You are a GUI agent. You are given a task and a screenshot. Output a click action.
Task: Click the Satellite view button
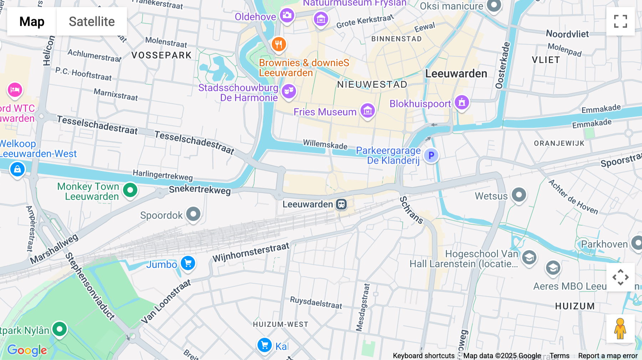[92, 21]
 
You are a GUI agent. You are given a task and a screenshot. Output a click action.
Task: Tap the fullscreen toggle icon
[620, 21]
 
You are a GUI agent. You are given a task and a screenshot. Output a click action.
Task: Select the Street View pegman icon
[620, 329]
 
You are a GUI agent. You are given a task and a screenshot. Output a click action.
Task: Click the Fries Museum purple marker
[367, 111]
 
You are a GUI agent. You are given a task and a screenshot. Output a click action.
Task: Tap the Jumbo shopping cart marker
[188, 263]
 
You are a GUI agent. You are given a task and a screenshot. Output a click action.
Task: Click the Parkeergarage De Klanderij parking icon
[431, 155]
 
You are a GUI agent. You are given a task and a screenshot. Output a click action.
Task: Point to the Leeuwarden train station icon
[341, 205]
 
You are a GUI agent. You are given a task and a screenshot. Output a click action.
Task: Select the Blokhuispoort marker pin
[462, 103]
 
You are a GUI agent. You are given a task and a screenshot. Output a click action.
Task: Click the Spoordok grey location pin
[193, 214]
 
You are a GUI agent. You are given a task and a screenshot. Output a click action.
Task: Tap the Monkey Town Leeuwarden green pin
[130, 190]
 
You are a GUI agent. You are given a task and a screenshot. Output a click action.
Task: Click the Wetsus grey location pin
[519, 195]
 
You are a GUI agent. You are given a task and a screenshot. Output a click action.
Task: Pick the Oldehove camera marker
[287, 15]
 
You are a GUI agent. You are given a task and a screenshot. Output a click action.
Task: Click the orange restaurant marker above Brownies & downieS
[279, 45]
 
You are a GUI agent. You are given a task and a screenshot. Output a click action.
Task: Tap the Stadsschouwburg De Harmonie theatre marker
[289, 91]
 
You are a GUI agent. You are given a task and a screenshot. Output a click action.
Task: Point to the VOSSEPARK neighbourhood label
[162, 55]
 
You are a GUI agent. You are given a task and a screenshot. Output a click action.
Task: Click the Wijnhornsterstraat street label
[251, 252]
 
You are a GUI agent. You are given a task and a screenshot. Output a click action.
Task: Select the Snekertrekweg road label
[200, 190]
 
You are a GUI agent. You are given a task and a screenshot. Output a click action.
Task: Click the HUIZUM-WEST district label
[280, 324]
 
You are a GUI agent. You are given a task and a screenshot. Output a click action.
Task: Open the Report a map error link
[608, 356]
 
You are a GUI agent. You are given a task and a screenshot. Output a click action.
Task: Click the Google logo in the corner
[27, 350]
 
